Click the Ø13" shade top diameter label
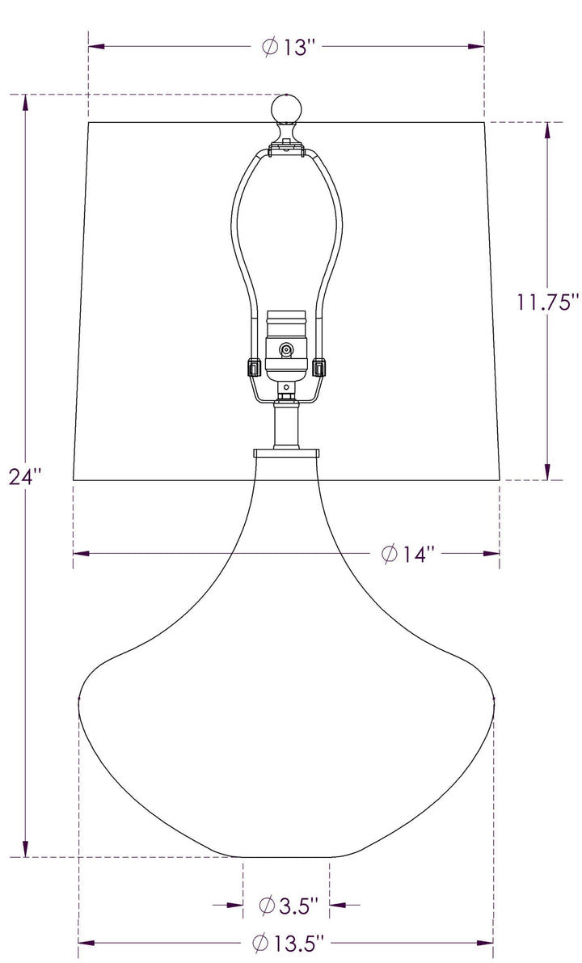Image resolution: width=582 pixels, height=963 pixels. (287, 48)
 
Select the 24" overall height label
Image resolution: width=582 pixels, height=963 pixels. (24, 476)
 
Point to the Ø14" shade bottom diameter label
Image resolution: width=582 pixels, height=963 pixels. (407, 554)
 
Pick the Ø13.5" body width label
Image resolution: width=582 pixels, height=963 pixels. (287, 943)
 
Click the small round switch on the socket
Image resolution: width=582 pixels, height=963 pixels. (285, 350)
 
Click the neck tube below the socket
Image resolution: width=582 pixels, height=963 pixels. (286, 424)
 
